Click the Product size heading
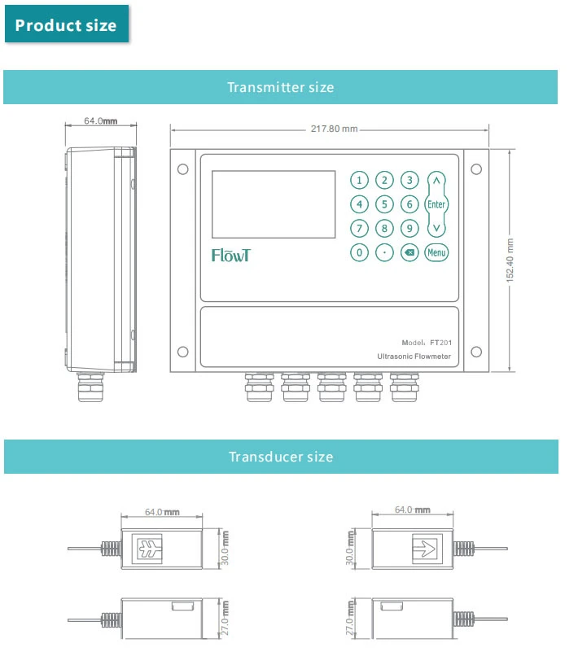[66, 25]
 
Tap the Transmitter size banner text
[280, 87]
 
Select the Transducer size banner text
[280, 457]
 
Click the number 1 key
[359, 180]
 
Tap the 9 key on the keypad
[410, 229]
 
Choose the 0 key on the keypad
[359, 253]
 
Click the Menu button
[436, 253]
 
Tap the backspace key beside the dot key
[409, 253]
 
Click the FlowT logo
[231, 255]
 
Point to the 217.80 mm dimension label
[334, 129]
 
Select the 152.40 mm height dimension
[510, 260]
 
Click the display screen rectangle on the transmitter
[274, 204]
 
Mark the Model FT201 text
[427, 343]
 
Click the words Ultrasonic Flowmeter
[414, 357]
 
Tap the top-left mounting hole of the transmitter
[183, 169]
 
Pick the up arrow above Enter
[437, 182]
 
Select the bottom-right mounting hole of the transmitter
[476, 352]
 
